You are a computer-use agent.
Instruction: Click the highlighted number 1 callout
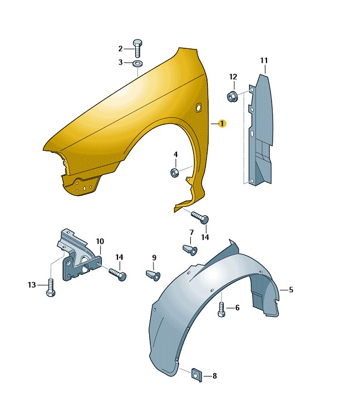tap(222, 123)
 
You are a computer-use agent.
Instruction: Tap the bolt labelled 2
tap(137, 48)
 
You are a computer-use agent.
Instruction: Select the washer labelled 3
tap(137, 63)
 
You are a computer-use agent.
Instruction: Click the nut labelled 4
tap(174, 173)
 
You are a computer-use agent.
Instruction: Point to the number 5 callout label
tap(291, 290)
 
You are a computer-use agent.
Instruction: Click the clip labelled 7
tap(190, 250)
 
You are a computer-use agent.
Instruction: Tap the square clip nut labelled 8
tap(196, 375)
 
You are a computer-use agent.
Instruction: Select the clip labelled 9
tap(153, 275)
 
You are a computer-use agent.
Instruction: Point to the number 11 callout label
tap(264, 61)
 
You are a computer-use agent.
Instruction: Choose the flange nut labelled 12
tap(232, 96)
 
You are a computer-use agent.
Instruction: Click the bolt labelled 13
tap(51, 288)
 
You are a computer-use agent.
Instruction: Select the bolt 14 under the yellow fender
tap(200, 217)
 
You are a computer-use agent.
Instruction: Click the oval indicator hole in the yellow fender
tap(198, 107)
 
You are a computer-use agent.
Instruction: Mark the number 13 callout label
tap(32, 285)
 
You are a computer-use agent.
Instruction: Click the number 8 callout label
tap(215, 376)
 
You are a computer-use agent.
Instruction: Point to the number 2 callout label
tap(120, 49)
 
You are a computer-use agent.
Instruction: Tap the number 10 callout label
tap(100, 241)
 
